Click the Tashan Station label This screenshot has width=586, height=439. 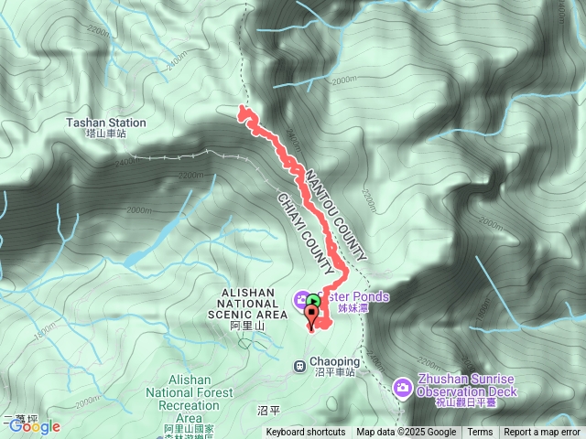[x=105, y=123]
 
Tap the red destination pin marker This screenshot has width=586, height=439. [x=312, y=316]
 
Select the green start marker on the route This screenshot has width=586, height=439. [x=313, y=299]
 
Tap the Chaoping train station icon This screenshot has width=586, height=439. [x=299, y=367]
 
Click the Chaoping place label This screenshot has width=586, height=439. [x=333, y=362]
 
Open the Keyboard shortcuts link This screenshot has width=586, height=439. [x=306, y=433]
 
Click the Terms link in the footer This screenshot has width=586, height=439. [x=480, y=433]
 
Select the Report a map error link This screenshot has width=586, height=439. [x=542, y=433]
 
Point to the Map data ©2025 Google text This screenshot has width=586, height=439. [x=406, y=433]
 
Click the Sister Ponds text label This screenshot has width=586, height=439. [x=353, y=297]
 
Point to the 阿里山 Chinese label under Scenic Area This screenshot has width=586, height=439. [x=246, y=326]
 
